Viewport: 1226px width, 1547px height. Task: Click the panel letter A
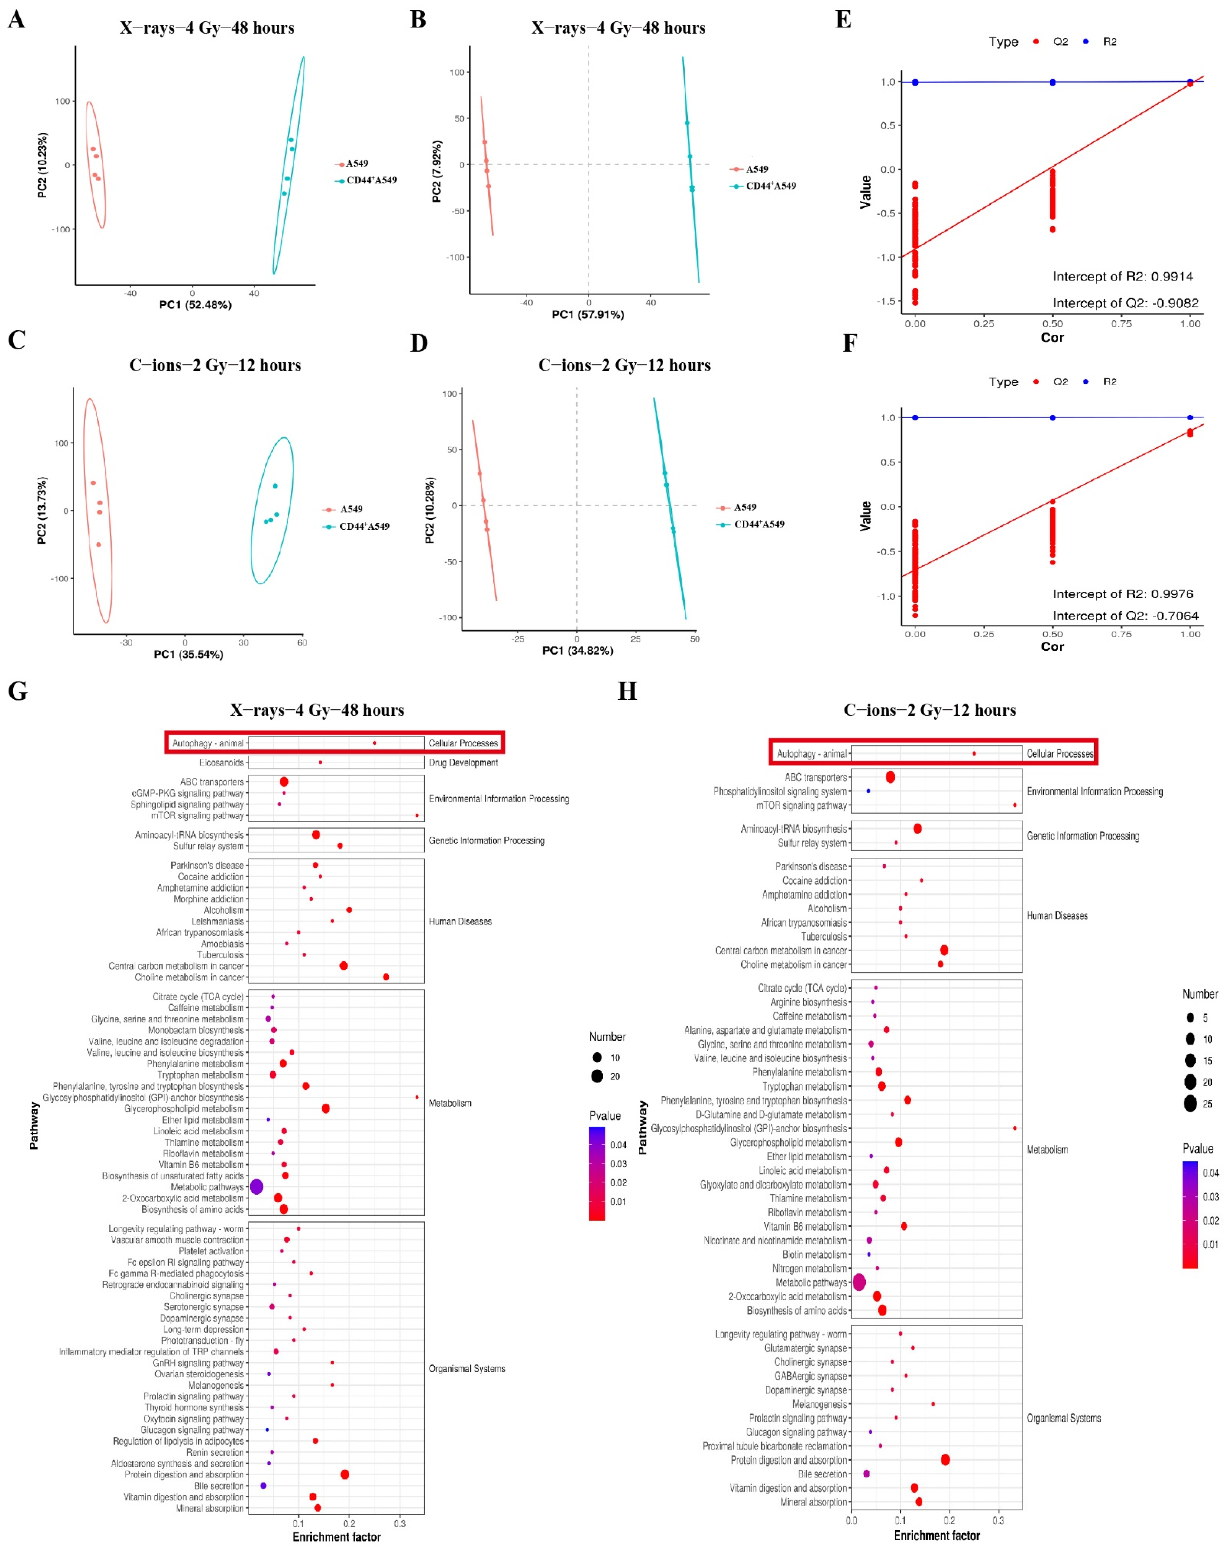[16, 19]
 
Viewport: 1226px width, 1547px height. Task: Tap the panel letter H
[627, 691]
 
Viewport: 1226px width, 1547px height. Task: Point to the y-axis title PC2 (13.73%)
[42, 510]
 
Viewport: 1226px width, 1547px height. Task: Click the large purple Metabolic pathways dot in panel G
[256, 1187]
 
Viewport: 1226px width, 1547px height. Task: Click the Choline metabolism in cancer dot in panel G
[386, 977]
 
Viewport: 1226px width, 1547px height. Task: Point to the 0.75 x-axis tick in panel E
[1121, 324]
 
